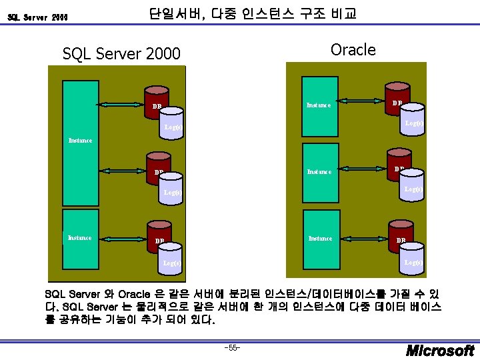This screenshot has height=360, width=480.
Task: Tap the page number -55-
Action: coord(233,348)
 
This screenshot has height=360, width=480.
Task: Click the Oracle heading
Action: coord(353,50)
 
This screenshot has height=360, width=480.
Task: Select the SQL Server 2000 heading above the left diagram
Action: coord(121,53)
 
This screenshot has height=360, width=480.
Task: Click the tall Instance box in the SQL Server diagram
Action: coord(81,140)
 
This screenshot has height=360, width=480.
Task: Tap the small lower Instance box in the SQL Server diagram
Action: coord(81,238)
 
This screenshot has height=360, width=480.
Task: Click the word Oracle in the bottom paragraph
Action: coord(145,294)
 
